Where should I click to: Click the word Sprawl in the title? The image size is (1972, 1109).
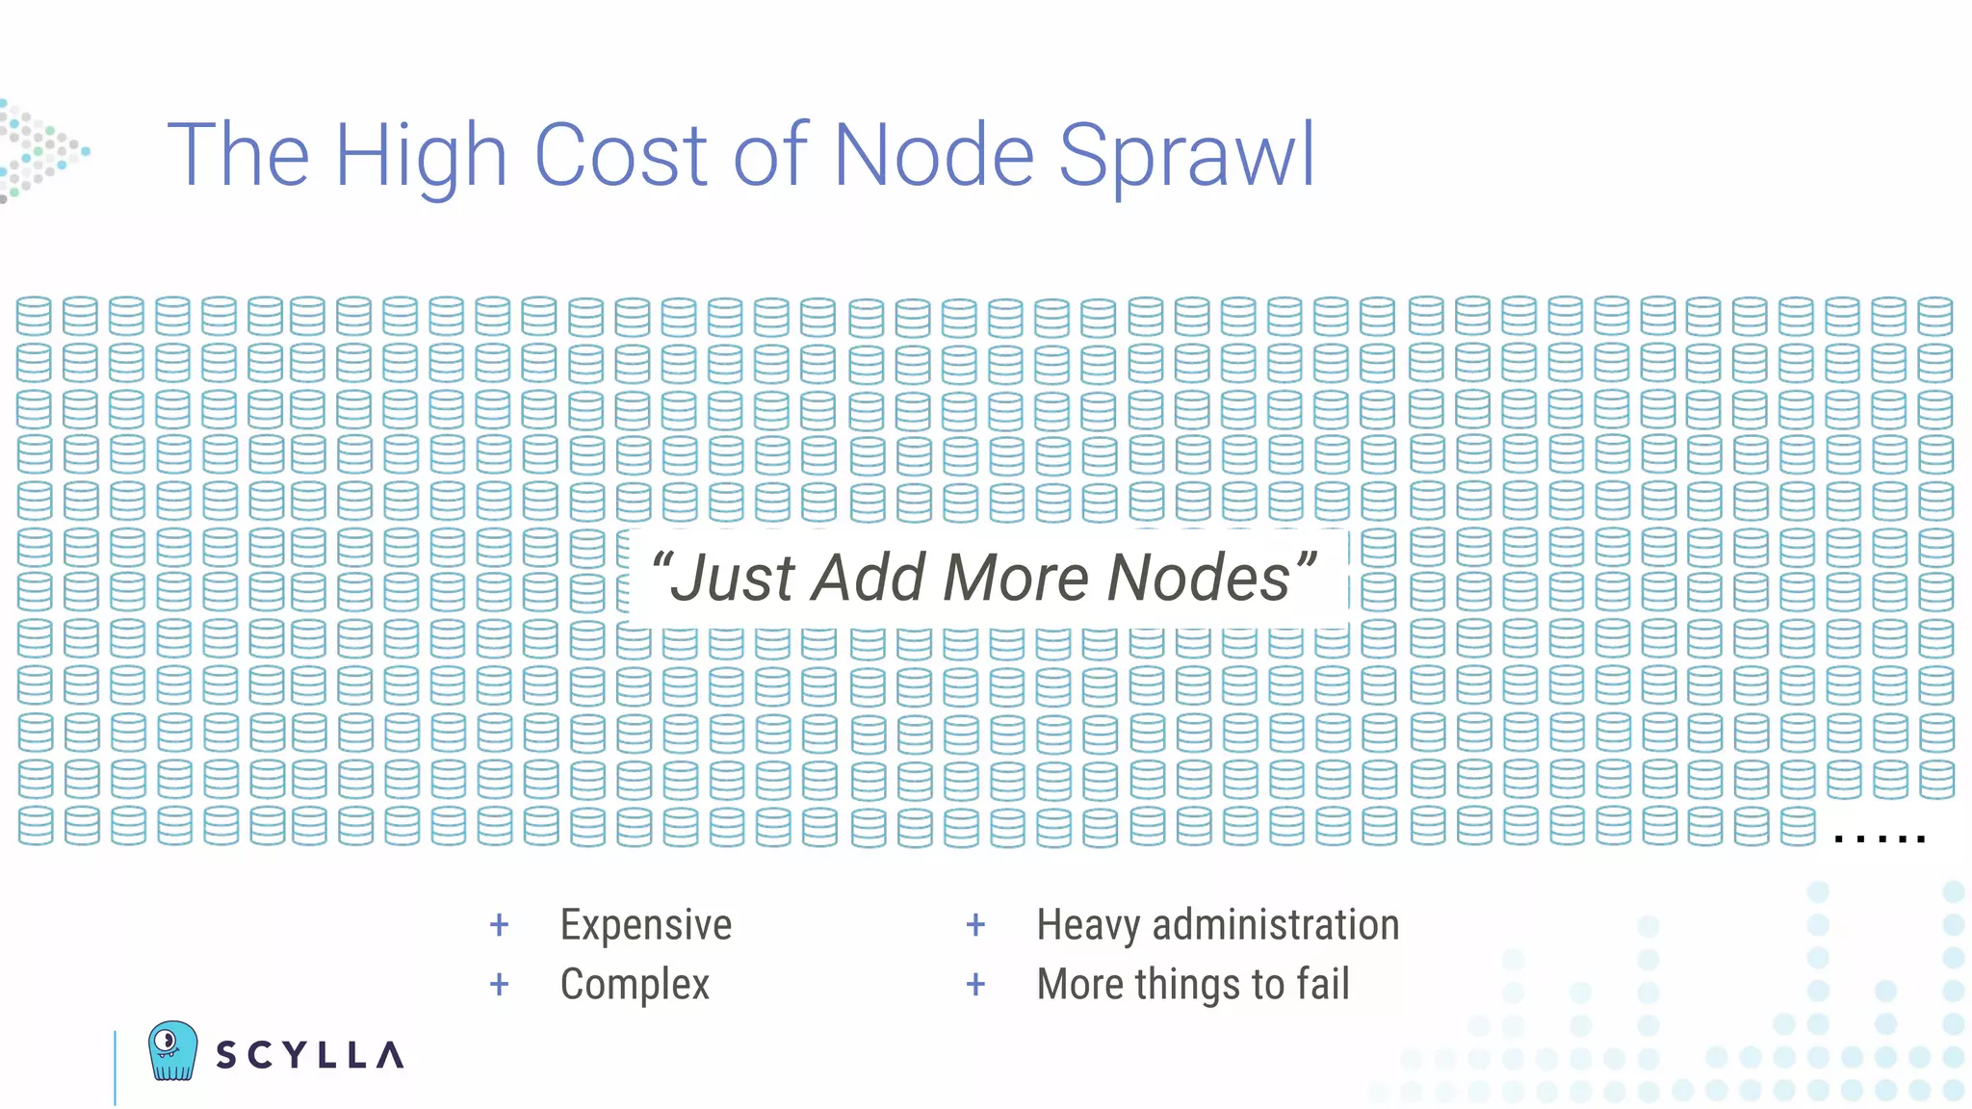[1186, 156]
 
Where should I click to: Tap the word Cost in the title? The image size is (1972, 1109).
[621, 156]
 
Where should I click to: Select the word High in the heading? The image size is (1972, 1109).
[421, 156]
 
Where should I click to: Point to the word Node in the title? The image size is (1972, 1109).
[933, 156]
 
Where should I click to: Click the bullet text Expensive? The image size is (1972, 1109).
[646, 925]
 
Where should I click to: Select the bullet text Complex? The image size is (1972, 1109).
[635, 985]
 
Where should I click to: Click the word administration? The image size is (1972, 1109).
[1276, 925]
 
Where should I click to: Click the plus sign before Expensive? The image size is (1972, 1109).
[499, 925]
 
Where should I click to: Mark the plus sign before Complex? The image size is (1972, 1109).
[499, 985]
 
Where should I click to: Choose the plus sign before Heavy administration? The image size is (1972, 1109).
[975, 925]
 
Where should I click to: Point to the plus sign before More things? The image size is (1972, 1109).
[975, 985]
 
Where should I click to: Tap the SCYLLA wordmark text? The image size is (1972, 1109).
[310, 1055]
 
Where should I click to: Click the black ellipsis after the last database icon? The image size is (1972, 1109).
[1880, 838]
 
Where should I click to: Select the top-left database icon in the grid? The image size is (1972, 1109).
[34, 316]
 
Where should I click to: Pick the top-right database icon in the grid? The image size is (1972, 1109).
[1934, 316]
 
